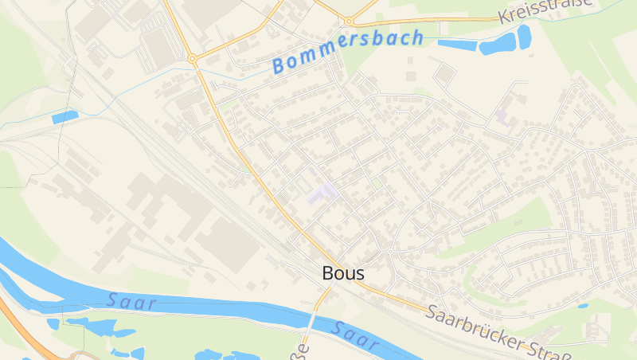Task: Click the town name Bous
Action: [x=343, y=273]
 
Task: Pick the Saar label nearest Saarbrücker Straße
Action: [x=354, y=335]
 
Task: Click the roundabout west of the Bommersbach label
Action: [x=192, y=58]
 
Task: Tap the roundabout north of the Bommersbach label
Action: [x=349, y=22]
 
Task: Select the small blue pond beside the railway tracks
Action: [x=64, y=117]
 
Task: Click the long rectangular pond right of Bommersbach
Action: [x=456, y=45]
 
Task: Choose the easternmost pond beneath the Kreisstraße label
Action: [x=524, y=35]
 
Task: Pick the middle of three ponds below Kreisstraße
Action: [x=498, y=46]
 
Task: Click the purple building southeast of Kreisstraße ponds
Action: [x=503, y=114]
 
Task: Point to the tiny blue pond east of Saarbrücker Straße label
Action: [x=584, y=306]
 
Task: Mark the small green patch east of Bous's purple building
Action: [x=376, y=182]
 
